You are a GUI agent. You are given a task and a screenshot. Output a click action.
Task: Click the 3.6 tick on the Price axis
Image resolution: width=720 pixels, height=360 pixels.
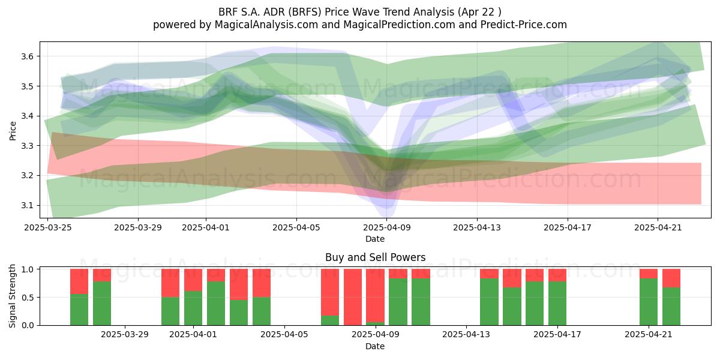pos(27,56)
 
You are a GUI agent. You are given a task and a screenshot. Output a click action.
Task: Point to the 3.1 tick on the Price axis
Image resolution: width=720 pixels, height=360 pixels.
pos(27,205)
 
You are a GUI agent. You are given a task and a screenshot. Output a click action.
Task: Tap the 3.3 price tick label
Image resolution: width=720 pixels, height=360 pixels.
pos(27,146)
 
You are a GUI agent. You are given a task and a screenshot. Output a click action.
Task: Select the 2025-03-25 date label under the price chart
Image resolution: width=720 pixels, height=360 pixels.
pos(48,227)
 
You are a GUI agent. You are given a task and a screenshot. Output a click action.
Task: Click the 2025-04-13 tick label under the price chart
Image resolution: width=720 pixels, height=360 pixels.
pos(477,227)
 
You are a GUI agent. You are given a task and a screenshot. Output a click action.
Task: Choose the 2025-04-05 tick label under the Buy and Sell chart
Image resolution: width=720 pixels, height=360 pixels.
pos(284,335)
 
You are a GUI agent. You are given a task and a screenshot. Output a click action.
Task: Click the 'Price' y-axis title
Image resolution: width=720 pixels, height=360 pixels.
pos(13,131)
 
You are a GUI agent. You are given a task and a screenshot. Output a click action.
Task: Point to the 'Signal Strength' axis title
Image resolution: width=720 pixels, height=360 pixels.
pos(12,296)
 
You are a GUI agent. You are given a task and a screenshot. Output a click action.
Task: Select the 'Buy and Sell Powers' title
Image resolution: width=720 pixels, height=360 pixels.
pos(375,257)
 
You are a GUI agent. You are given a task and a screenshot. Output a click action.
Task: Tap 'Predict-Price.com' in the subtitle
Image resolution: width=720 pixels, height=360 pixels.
pos(524,25)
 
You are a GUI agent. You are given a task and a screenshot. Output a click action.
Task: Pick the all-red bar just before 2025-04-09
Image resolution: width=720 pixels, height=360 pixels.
pos(353,297)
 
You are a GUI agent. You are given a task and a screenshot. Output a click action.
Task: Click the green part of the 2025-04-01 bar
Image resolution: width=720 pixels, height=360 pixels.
pos(193,308)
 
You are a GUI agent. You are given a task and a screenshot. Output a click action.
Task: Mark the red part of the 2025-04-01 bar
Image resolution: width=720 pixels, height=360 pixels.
pos(193,280)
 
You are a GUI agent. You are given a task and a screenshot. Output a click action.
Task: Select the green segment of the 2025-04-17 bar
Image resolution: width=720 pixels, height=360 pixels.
pos(557,304)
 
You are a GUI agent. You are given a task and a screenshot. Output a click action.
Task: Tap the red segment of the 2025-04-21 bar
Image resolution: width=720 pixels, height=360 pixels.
pos(649,274)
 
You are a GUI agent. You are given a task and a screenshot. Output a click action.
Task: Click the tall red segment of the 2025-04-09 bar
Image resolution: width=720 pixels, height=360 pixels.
pos(376,296)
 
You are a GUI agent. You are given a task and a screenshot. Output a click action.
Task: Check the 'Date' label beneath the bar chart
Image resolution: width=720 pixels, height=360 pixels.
pos(375,347)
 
